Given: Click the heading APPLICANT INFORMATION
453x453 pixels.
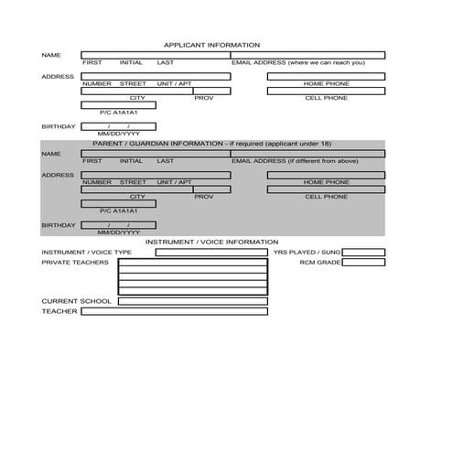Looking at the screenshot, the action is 211,45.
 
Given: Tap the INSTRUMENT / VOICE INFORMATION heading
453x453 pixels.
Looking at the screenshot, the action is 211,243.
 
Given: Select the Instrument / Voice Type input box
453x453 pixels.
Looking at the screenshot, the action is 211,253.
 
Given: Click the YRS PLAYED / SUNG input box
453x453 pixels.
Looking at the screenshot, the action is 363,253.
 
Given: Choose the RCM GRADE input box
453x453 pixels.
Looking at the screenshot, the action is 363,263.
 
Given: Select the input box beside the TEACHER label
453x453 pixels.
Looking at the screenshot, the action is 174,311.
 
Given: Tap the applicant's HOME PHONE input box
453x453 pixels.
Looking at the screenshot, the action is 326,76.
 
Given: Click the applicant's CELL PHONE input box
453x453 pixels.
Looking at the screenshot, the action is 326,91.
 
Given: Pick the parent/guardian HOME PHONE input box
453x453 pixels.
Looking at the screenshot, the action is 326,175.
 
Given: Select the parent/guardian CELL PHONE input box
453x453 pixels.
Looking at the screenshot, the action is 326,189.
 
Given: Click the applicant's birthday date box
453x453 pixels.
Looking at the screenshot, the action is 119,126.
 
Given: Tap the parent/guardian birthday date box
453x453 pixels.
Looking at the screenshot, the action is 119,226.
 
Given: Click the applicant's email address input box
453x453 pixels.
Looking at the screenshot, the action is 307,55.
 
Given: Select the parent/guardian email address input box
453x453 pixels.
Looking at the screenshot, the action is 307,154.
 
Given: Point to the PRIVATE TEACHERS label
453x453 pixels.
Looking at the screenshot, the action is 75,263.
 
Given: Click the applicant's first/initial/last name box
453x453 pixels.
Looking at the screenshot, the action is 156,55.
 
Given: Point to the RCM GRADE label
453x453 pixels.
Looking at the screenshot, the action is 320,263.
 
